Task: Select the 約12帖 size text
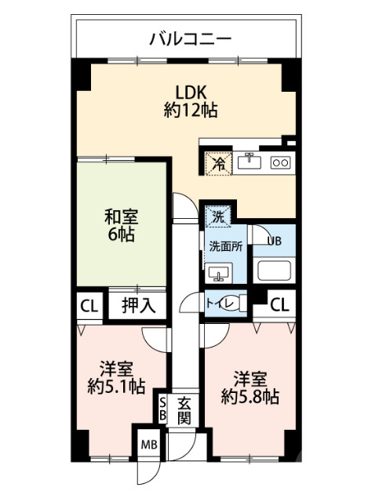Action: tap(190, 111)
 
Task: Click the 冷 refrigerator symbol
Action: tap(219, 163)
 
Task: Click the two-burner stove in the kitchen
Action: tap(281, 162)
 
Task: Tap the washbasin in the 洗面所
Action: tap(217, 274)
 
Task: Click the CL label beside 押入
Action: tap(89, 306)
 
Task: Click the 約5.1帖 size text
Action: tap(115, 377)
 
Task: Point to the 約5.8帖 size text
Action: tap(250, 387)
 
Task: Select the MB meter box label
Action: tap(148, 445)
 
